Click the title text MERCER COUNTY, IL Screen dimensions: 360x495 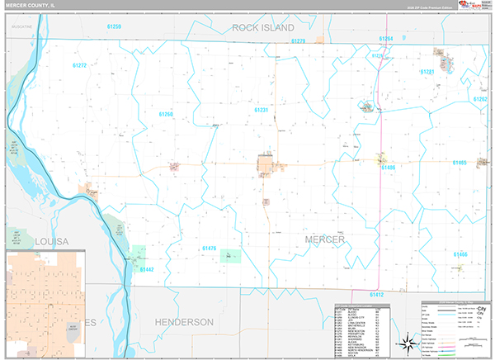pyautogui.click(x=31, y=7)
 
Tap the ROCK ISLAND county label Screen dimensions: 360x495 pyautogui.click(x=262, y=27)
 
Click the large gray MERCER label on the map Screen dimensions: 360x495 pyautogui.click(x=324, y=239)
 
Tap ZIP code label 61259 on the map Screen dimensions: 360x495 pyautogui.click(x=113, y=27)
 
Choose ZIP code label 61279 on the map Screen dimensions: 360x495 pyautogui.click(x=298, y=40)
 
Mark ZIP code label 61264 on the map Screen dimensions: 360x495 pyautogui.click(x=386, y=39)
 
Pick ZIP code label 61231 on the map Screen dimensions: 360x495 pyautogui.click(x=262, y=110)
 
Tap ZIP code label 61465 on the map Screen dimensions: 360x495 pyautogui.click(x=460, y=163)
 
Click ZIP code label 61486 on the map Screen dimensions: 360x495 pyautogui.click(x=389, y=168)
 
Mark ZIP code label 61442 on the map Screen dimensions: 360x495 pyautogui.click(x=147, y=269)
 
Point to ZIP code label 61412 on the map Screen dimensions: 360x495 pyautogui.click(x=376, y=294)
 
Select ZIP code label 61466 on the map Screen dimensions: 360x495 pyautogui.click(x=460, y=254)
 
